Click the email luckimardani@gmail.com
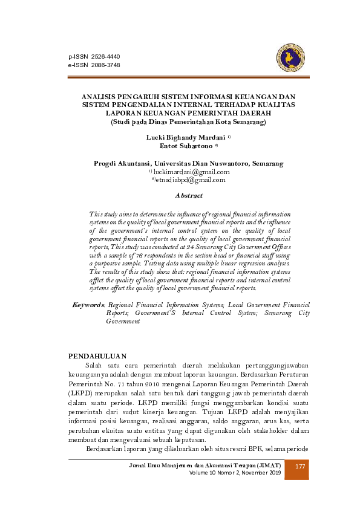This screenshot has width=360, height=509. coord(192,172)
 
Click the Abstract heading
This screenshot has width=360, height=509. coord(188,196)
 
